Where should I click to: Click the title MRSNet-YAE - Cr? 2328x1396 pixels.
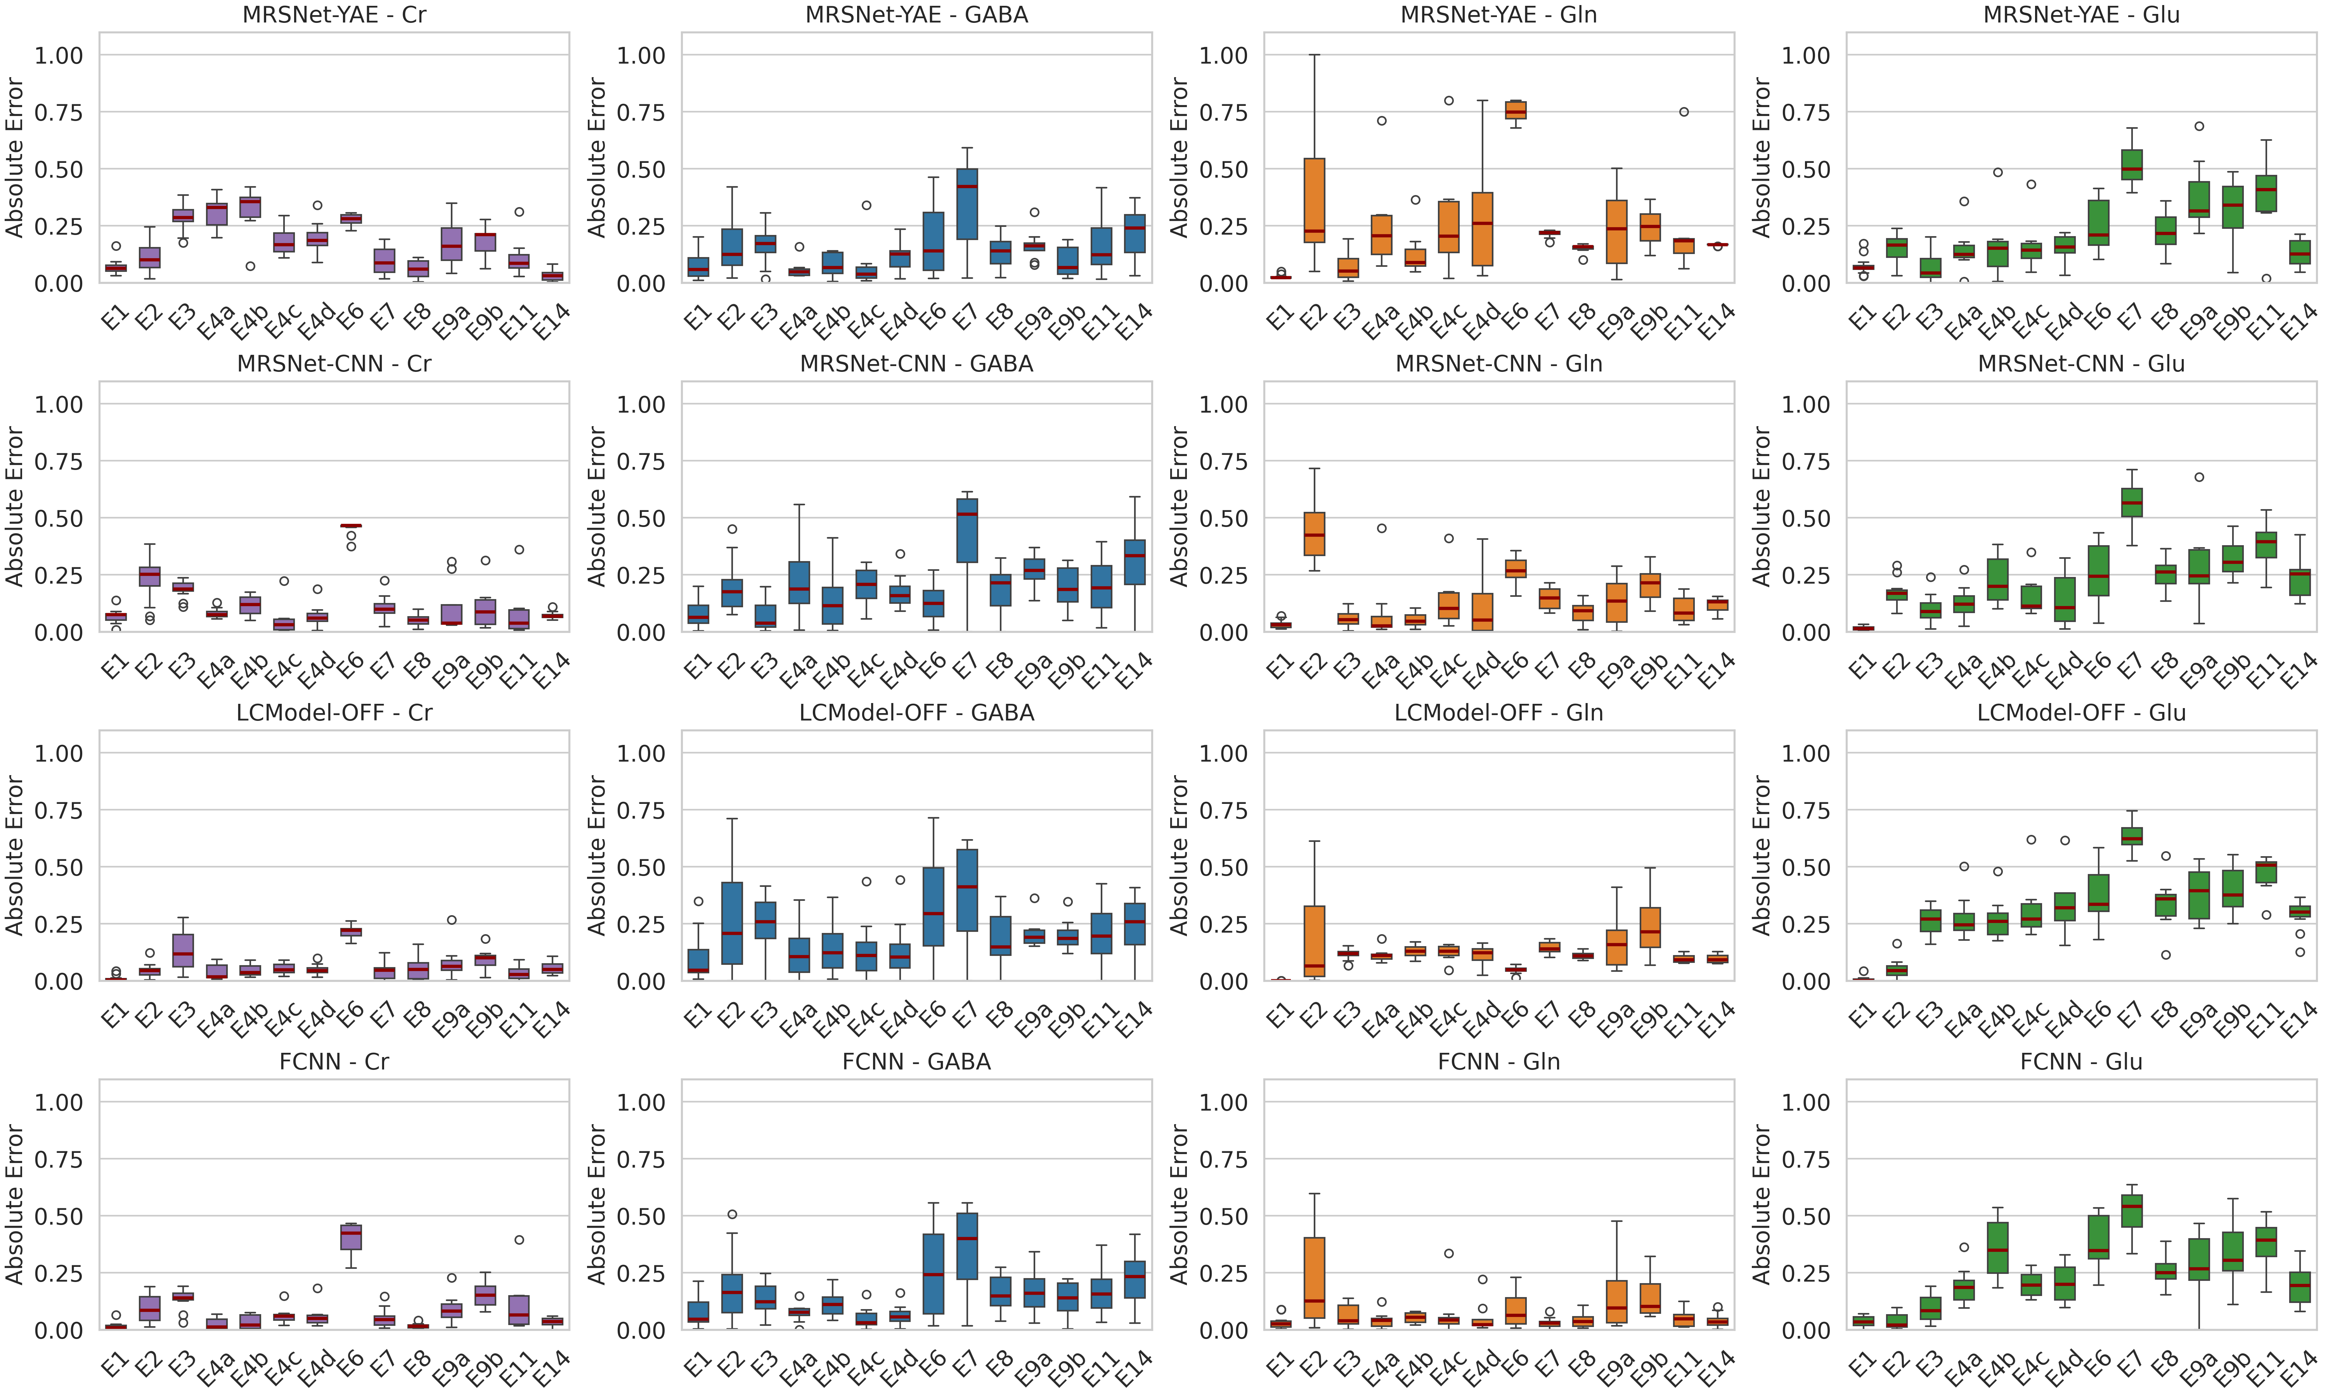pos(334,15)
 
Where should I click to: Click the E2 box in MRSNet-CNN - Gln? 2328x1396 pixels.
pos(1314,533)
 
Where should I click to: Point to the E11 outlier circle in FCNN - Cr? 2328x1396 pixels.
pos(518,1240)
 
